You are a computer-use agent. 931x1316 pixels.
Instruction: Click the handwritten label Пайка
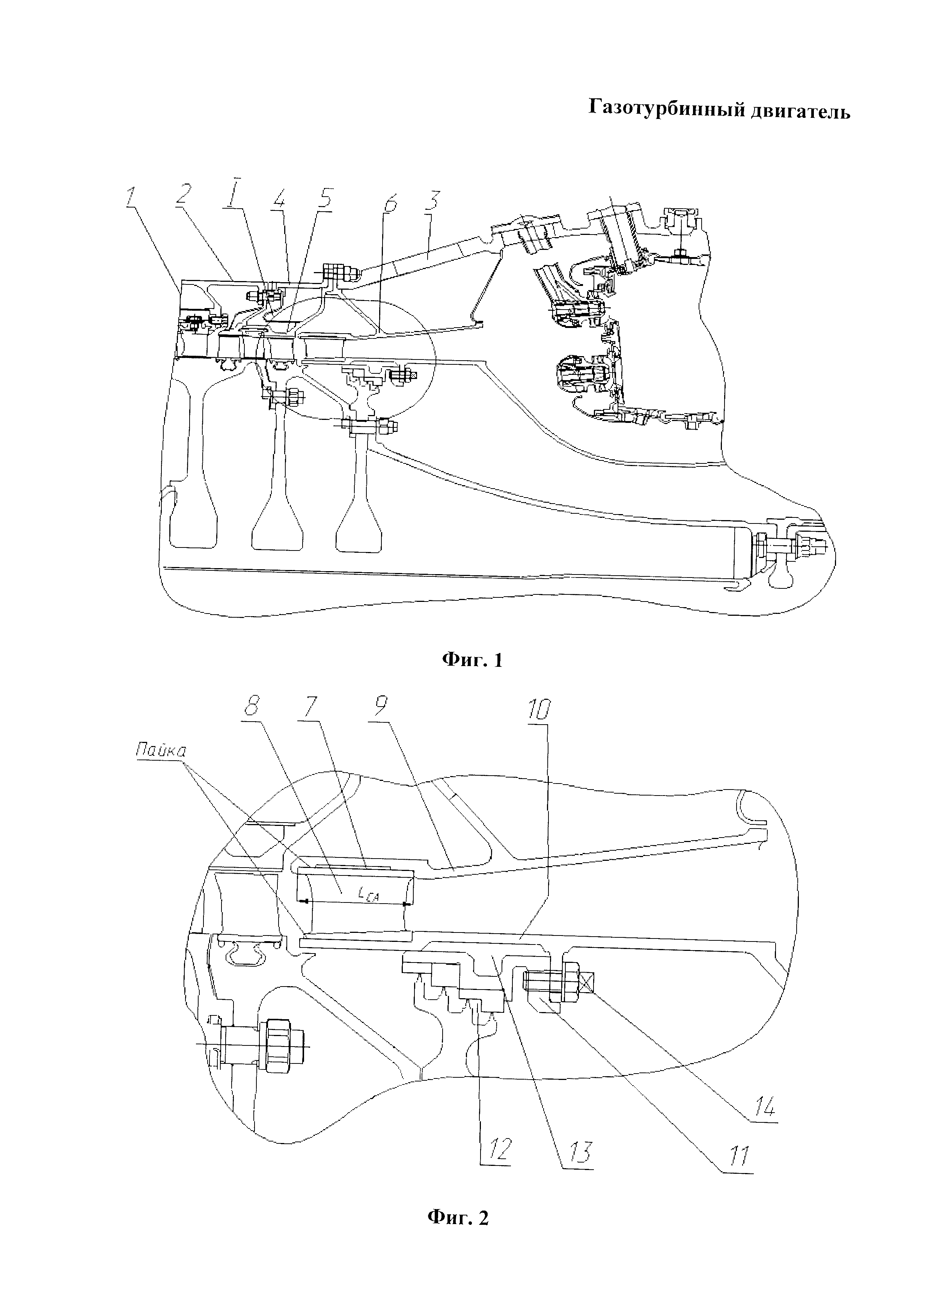coord(161,751)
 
